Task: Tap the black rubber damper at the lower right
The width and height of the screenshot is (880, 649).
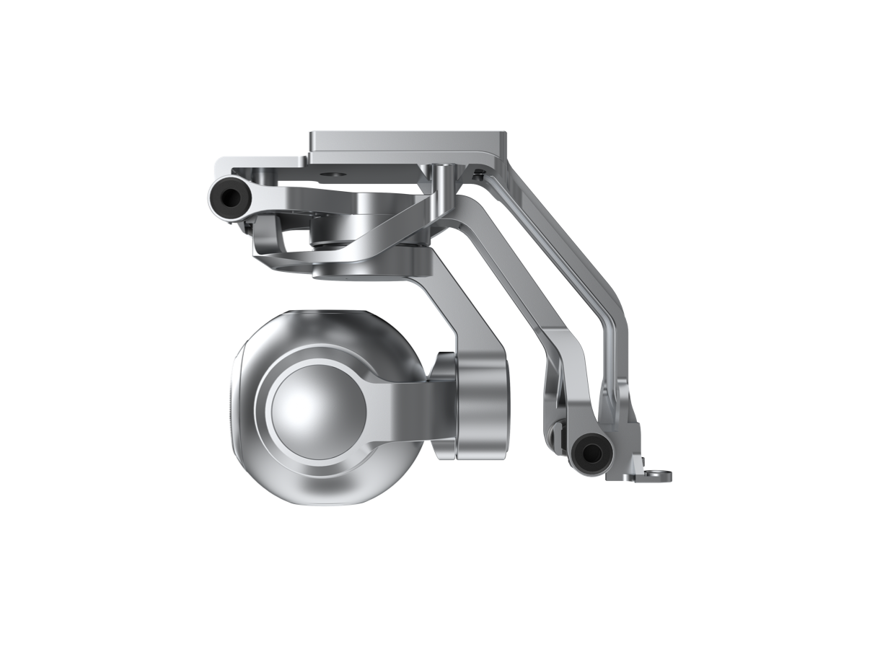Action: click(x=590, y=454)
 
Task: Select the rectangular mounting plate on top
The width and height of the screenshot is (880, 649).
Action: click(x=408, y=143)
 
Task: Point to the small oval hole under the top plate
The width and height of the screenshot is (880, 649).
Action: click(x=335, y=173)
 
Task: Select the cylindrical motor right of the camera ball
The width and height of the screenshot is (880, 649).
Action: click(x=480, y=407)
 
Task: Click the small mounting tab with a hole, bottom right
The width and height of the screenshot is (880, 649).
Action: click(x=656, y=475)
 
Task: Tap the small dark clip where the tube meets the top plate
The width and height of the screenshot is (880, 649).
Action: click(x=478, y=172)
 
